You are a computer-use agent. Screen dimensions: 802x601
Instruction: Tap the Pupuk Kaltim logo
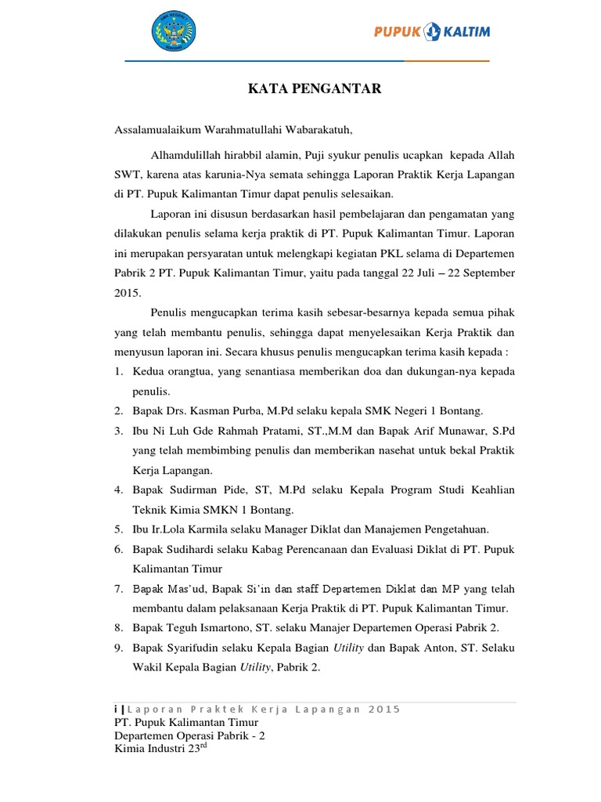[x=432, y=32]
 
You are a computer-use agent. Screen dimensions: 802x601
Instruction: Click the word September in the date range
[x=484, y=273]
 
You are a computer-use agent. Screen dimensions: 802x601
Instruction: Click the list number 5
[x=118, y=529]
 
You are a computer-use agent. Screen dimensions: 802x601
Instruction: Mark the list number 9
[x=118, y=648]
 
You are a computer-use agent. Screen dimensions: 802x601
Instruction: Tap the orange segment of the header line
[x=447, y=60]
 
